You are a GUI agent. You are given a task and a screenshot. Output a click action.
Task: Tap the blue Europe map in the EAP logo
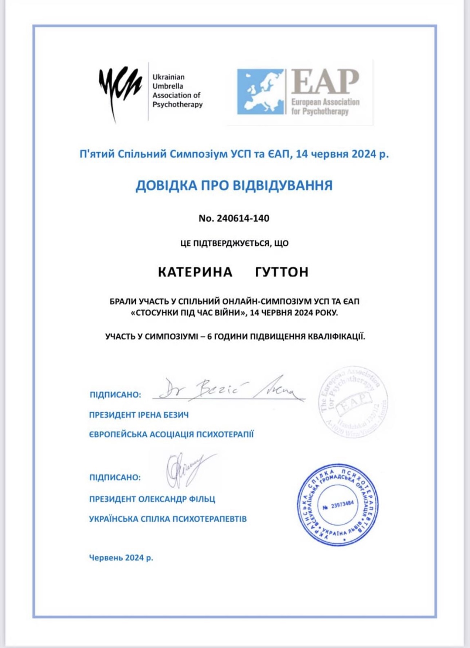tap(260, 92)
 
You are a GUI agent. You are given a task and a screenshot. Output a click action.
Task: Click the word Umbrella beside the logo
tap(168, 86)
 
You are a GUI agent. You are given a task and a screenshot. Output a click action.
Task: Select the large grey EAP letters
tap(325, 82)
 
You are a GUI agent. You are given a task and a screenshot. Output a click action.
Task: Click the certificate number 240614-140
tap(243, 218)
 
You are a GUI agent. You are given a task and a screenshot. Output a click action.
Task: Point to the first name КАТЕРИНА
tap(195, 272)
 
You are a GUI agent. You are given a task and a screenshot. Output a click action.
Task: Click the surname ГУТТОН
tap(282, 272)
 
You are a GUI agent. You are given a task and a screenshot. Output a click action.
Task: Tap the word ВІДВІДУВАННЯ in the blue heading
tap(282, 185)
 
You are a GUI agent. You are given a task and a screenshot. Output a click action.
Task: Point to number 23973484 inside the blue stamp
tap(342, 505)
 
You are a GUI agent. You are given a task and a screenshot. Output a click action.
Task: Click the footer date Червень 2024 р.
tap(121, 558)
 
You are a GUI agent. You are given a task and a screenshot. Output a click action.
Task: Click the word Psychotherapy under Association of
tap(177, 105)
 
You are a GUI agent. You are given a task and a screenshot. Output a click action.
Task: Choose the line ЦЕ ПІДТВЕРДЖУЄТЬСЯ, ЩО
tap(234, 243)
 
